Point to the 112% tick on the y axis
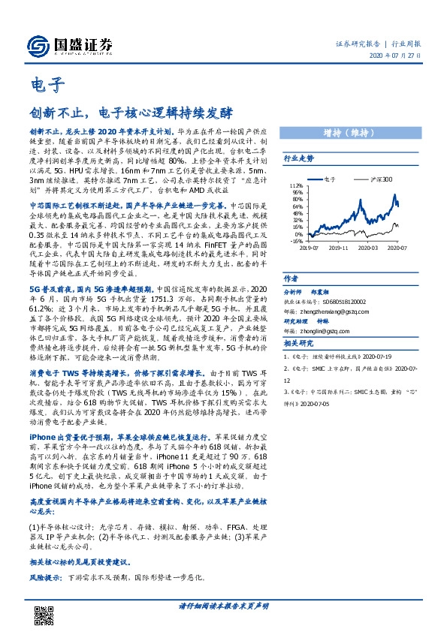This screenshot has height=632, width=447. point(295,185)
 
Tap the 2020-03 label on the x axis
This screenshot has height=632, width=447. point(368,246)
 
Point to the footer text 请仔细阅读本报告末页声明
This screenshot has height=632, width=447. point(223,605)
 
